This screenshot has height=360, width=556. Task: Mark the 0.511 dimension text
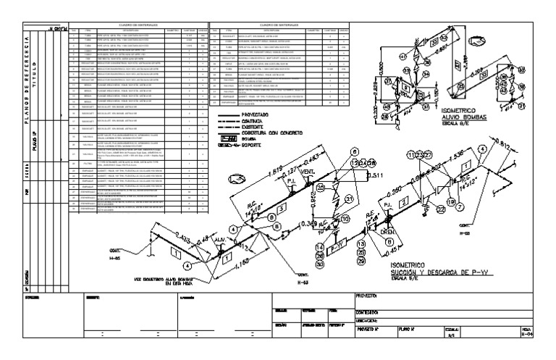[376, 175]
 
